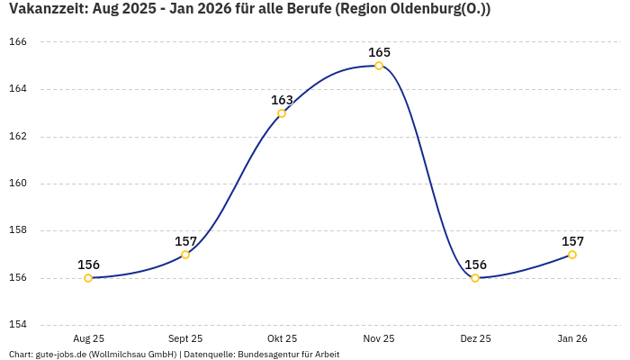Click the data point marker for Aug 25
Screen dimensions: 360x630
[x=88, y=278]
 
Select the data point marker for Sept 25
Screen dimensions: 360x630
[x=185, y=255]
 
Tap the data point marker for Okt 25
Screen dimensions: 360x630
[x=282, y=113]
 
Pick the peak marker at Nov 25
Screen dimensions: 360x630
[x=379, y=66]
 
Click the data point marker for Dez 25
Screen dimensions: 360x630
[x=475, y=278]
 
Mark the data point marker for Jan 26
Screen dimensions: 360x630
[x=572, y=255]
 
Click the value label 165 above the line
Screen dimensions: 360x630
[x=379, y=52]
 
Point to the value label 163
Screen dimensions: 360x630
[x=282, y=100]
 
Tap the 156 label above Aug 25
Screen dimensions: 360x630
[x=88, y=265]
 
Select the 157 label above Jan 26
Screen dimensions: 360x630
[x=572, y=241]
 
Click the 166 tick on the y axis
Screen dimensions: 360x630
[x=19, y=42]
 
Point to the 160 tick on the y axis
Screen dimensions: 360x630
[x=19, y=184]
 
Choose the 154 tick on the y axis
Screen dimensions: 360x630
[x=19, y=325]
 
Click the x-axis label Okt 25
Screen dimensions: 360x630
[x=282, y=338]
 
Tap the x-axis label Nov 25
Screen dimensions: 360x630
[x=379, y=338]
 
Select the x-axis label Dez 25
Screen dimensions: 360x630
[x=475, y=338]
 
